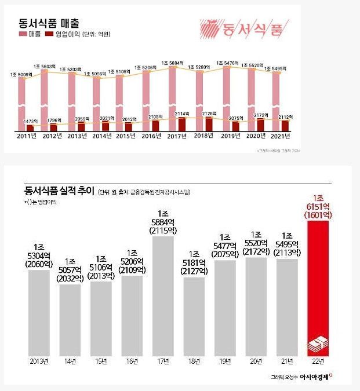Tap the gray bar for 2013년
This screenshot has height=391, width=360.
[39, 313]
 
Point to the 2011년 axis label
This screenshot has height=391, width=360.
[27, 137]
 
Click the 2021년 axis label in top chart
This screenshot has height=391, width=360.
[280, 137]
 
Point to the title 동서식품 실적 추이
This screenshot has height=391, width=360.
[58, 191]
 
